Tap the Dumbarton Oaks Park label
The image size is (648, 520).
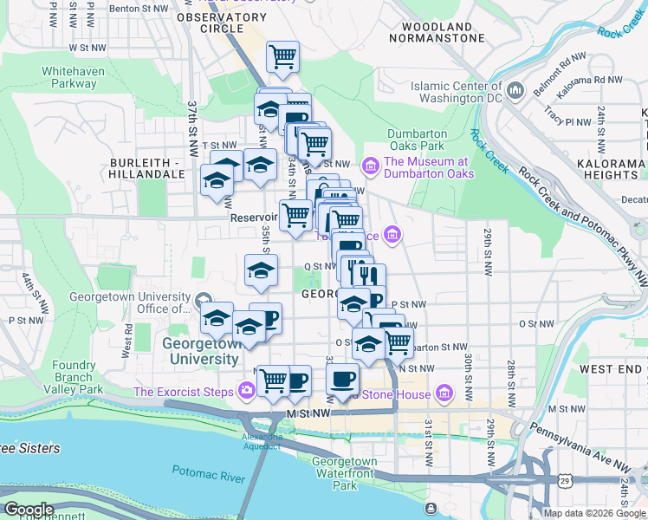coord(417,140)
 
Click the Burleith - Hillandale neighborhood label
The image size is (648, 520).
coord(148,168)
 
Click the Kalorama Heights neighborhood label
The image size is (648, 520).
coord(616,168)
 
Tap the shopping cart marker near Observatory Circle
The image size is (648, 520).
coord(282,58)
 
